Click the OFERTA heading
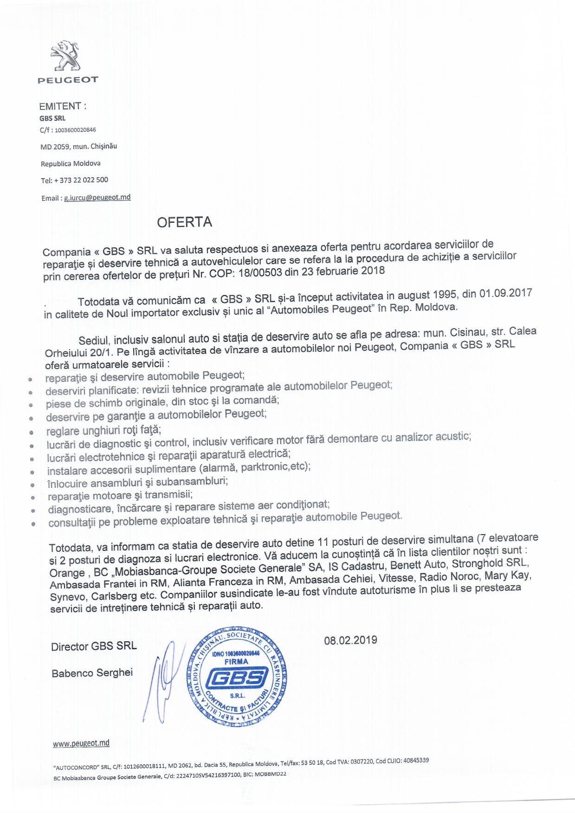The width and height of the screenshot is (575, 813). (184, 222)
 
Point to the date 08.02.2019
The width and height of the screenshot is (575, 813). (350, 640)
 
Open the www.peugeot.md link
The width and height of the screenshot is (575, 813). (81, 743)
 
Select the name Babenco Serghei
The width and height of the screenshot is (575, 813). (92, 672)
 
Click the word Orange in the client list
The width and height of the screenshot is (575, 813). (66, 573)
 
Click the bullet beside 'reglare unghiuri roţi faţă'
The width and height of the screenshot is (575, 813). (31, 432)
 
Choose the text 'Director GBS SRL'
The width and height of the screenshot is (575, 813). (94, 646)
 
